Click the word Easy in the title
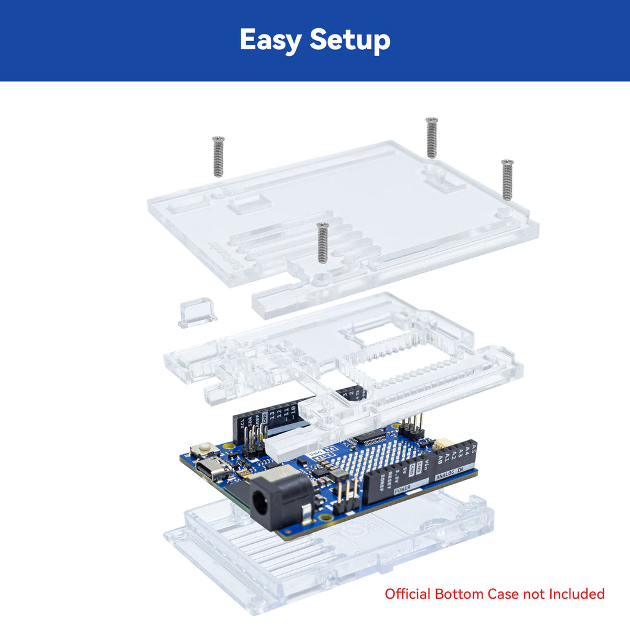(x=270, y=41)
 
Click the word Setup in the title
(x=350, y=41)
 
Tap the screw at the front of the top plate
(x=322, y=242)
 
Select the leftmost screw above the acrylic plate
(x=218, y=156)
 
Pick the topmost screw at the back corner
(x=431, y=137)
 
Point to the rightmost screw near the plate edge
(x=507, y=179)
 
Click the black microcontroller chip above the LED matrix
(x=369, y=438)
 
